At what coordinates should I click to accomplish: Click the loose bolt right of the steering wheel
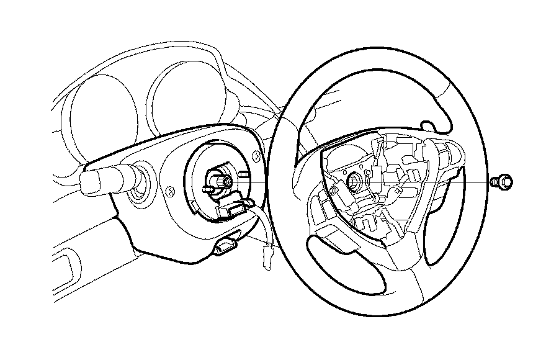point(503,182)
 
